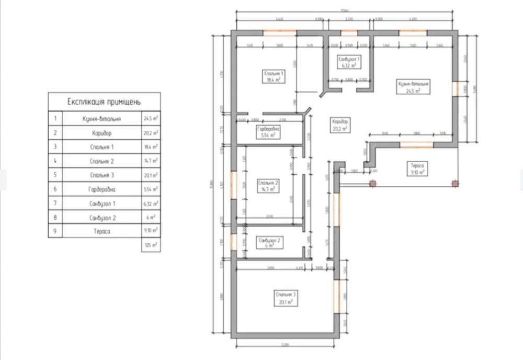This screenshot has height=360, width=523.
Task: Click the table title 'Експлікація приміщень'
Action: point(104,102)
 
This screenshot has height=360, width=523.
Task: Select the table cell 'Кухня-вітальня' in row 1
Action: point(102,119)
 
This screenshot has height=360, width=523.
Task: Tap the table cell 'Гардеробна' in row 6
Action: point(102,189)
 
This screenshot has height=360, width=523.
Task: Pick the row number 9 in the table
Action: point(55,231)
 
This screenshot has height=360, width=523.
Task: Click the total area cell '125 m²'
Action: point(151,245)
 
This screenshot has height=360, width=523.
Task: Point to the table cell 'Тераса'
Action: point(102,231)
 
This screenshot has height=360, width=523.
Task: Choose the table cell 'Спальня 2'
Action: point(102,161)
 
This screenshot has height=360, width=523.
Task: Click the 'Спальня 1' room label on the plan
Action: point(274,76)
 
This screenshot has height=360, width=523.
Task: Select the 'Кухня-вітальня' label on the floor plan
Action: point(413,86)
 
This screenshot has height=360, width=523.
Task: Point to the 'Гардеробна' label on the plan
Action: point(268,131)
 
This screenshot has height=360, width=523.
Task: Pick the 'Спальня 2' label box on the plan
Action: point(268,186)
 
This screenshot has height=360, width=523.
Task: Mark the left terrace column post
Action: point(372,184)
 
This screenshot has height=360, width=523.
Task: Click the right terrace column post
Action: point(454,184)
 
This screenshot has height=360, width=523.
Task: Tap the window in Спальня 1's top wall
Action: point(280,33)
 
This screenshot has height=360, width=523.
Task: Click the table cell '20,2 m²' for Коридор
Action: point(151,133)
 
